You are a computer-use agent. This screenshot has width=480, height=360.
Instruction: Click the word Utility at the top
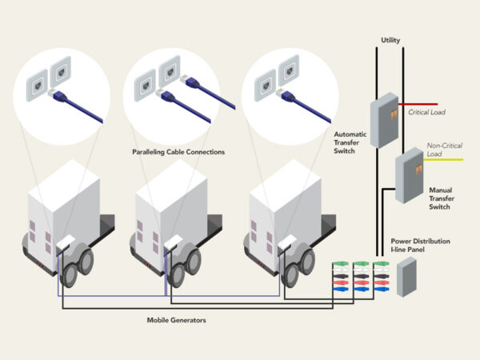[x=391, y=39]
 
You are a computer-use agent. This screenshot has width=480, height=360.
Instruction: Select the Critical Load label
[x=427, y=113]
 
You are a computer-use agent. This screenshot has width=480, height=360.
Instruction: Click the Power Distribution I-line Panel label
[x=420, y=245]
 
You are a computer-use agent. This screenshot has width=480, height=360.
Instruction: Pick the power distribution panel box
[x=407, y=276]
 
